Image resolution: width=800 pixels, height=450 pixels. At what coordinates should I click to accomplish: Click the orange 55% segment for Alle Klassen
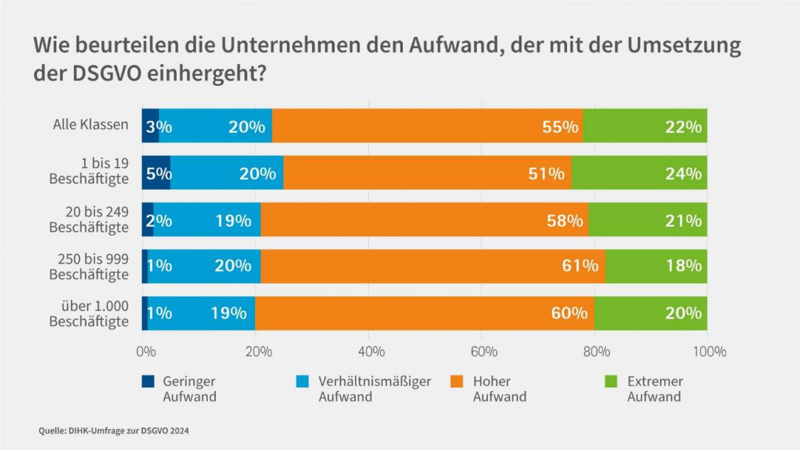[426, 126]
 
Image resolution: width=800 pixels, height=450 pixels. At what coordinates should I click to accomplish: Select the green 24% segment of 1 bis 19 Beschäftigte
[639, 173]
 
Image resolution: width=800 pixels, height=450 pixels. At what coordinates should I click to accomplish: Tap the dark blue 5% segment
[156, 173]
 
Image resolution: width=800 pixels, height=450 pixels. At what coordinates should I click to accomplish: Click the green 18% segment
[656, 267]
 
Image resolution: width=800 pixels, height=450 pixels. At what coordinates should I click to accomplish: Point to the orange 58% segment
[423, 220]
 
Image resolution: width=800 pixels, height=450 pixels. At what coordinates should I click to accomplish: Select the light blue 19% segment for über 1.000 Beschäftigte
[201, 314]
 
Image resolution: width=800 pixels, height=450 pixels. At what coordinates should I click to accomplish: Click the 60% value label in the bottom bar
[570, 314]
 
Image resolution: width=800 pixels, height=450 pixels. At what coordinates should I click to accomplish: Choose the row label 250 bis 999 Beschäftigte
[90, 267]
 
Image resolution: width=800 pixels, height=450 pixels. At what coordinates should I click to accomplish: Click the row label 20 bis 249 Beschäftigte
[90, 220]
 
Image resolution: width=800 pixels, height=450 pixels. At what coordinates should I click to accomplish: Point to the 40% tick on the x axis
[371, 351]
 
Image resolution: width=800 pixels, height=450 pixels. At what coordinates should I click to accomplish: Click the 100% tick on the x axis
[709, 351]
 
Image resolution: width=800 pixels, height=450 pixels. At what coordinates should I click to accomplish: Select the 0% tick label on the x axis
[146, 351]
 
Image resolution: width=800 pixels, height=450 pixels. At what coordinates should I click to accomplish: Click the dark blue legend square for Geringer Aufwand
[147, 382]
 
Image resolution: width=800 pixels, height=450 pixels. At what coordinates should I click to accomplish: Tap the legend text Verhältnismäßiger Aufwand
[374, 389]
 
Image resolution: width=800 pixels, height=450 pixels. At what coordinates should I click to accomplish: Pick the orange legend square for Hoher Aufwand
[457, 382]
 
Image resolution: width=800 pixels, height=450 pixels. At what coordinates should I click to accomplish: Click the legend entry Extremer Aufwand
[654, 389]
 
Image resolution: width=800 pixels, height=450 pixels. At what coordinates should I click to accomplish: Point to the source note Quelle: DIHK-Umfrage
[114, 431]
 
